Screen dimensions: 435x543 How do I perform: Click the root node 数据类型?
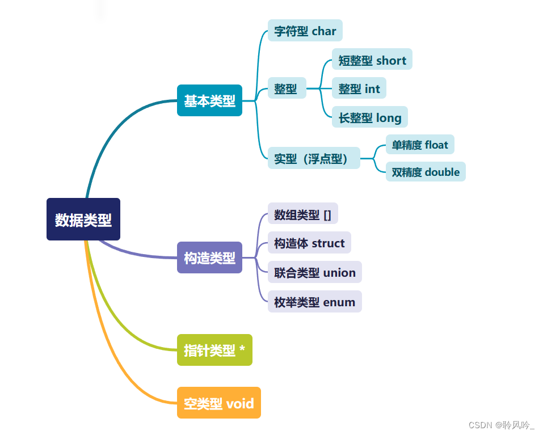(83, 219)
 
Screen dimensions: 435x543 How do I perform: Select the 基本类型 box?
(209, 100)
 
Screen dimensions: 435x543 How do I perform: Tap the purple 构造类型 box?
(209, 257)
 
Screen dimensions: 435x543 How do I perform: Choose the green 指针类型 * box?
(214, 350)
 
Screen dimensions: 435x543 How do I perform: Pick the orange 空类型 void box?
(218, 403)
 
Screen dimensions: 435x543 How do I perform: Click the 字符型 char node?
(305, 31)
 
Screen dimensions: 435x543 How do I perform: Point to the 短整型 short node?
(372, 60)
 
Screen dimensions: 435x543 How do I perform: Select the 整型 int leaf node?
(359, 88)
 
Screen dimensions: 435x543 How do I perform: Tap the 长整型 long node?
(370, 117)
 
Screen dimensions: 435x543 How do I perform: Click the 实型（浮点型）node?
(313, 158)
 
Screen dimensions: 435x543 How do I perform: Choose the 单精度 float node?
(420, 145)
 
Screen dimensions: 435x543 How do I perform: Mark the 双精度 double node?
(426, 172)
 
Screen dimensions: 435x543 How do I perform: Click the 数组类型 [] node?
(302, 214)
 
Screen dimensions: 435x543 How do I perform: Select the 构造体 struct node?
(309, 243)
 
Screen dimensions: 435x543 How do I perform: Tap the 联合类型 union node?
(314, 272)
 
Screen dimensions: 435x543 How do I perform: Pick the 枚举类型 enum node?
(314, 302)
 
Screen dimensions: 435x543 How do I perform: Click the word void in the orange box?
(240, 404)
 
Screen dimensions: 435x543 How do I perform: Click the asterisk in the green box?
(242, 350)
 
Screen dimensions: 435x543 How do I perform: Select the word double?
(442, 172)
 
